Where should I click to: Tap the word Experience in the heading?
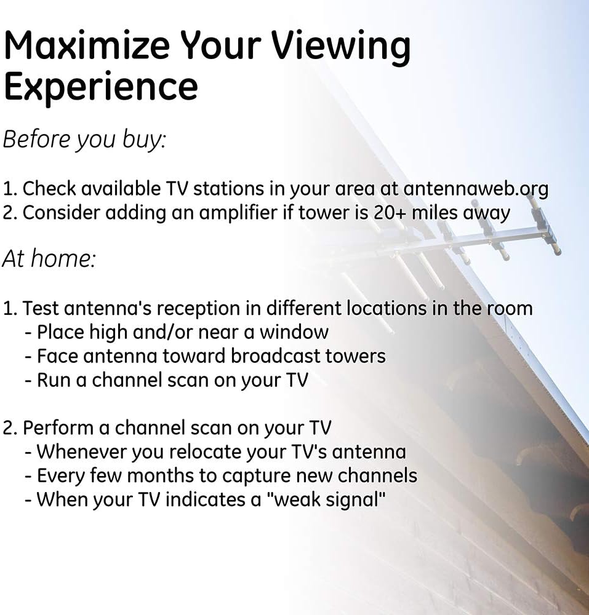[101, 87]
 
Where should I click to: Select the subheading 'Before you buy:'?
[84, 140]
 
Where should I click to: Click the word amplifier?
[239, 213]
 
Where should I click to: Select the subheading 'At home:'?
[49, 258]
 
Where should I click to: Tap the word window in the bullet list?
[294, 332]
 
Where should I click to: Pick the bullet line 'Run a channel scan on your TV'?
[166, 380]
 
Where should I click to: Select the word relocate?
[204, 452]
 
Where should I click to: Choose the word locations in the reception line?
[385, 308]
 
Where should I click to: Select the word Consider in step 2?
[63, 213]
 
